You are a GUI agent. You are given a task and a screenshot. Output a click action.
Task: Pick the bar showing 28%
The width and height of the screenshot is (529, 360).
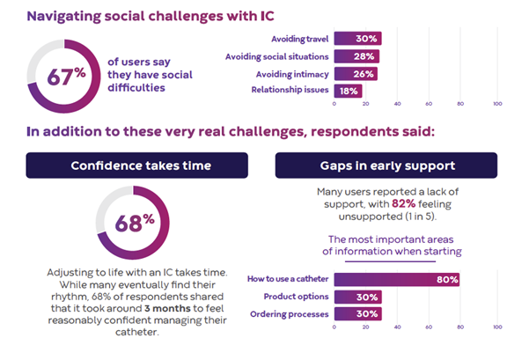[356, 56]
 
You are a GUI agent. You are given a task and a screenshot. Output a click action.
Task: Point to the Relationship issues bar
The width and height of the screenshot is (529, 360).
[349, 90]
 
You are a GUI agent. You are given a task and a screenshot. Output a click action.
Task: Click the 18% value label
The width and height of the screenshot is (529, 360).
[349, 90]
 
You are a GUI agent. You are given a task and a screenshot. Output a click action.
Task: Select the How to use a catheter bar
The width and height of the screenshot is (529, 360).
[397, 281]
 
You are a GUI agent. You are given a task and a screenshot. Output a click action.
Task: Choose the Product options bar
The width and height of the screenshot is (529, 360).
[357, 298]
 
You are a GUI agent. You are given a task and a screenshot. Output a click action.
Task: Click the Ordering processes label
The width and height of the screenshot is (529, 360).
[290, 314]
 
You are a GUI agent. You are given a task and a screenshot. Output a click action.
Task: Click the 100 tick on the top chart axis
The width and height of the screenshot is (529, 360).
[497, 105]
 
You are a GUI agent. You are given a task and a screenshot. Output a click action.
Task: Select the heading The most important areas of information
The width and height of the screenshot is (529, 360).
[393, 245]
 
